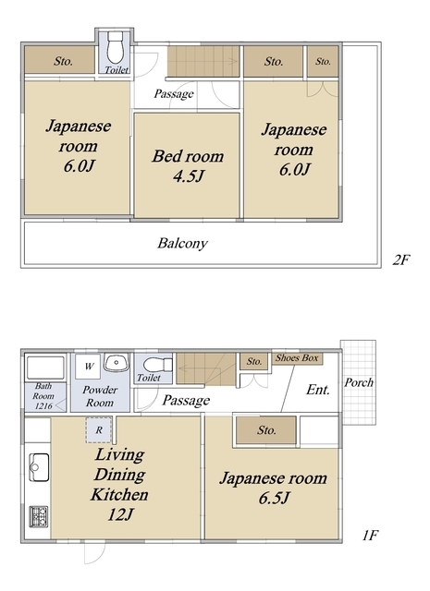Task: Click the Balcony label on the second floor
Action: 181,245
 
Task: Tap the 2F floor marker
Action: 400,260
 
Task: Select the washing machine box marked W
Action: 88,366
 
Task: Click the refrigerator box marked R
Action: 98,428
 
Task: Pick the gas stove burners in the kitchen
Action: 38,515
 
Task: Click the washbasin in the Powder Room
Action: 116,362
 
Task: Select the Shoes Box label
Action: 296,357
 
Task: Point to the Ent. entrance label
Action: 318,390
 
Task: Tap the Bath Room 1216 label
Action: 44,394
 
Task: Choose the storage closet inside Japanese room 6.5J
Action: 266,429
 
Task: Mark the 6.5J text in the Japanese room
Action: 271,499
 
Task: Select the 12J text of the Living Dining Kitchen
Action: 120,514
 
